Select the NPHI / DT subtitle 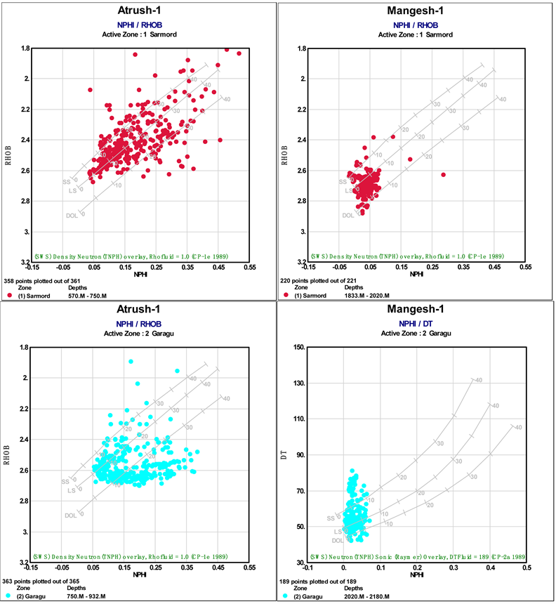click(415, 324)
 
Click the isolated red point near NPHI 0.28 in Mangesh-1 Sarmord click(443, 174)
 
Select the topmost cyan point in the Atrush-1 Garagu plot click(131, 361)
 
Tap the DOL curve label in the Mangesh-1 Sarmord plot click(348, 216)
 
